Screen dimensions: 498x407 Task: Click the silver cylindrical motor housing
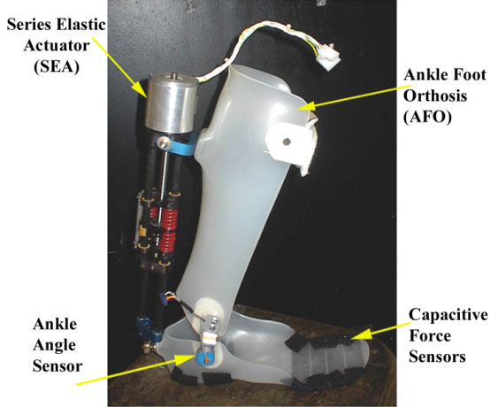point(172,103)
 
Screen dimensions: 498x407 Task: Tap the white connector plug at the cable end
point(329,58)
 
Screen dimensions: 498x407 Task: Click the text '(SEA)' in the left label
point(57,66)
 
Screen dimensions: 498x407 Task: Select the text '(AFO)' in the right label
point(427,118)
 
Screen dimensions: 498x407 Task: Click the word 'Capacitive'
point(448,314)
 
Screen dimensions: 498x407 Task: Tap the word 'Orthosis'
point(435,96)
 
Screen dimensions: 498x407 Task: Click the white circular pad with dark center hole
point(287,141)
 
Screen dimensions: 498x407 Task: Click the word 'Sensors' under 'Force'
point(437,357)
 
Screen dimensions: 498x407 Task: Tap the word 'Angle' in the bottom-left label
point(54,346)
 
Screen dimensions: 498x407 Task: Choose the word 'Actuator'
point(57,45)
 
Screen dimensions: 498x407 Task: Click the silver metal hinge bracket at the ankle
point(209,329)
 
